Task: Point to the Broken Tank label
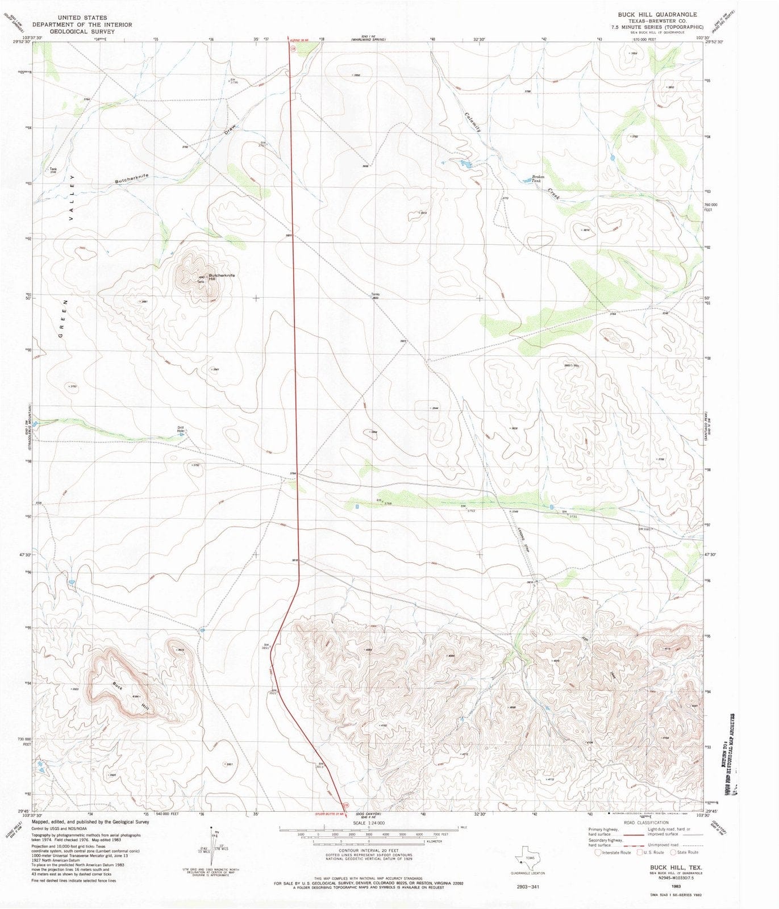click(538, 178)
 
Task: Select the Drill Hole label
click(181, 429)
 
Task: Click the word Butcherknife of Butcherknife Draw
click(131, 179)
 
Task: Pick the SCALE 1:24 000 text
click(369, 823)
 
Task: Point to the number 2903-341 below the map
click(528, 886)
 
